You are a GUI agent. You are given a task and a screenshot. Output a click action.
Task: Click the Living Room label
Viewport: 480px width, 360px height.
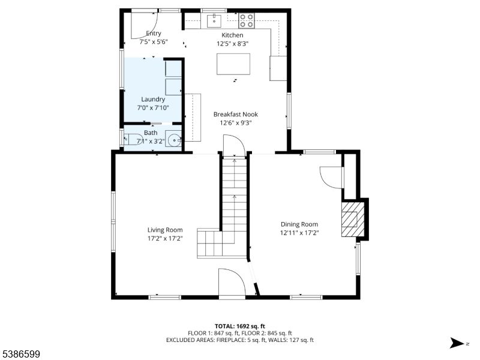pyautogui.click(x=165, y=230)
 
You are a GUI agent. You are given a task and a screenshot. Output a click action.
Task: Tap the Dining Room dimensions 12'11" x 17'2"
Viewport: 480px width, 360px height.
pyautogui.click(x=299, y=233)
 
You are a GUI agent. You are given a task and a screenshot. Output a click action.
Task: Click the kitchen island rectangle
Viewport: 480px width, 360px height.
pyautogui.click(x=233, y=64)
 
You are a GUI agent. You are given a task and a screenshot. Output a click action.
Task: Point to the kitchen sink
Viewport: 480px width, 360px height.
pyautogui.click(x=215, y=21)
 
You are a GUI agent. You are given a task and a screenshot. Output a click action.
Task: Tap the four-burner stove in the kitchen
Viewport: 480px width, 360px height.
pyautogui.click(x=247, y=20)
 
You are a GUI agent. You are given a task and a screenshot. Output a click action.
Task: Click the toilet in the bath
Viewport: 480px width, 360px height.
pyautogui.click(x=133, y=140)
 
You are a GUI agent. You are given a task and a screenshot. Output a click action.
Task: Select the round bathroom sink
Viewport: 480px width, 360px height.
pyautogui.click(x=173, y=139)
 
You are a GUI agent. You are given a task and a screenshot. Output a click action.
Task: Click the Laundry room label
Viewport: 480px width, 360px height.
pyautogui.click(x=153, y=99)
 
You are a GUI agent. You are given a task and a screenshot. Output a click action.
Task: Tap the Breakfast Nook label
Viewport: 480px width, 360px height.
pyautogui.click(x=235, y=115)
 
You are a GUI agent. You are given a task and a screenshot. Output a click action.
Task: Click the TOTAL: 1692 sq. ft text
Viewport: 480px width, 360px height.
pyautogui.click(x=239, y=326)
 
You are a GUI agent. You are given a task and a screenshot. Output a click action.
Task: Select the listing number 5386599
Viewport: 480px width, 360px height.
pyautogui.click(x=20, y=355)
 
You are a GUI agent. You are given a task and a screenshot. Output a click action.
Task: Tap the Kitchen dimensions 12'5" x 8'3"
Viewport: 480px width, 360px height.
pyautogui.click(x=232, y=44)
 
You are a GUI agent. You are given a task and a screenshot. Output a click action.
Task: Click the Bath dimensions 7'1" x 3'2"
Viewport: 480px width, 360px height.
pyautogui.click(x=151, y=142)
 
